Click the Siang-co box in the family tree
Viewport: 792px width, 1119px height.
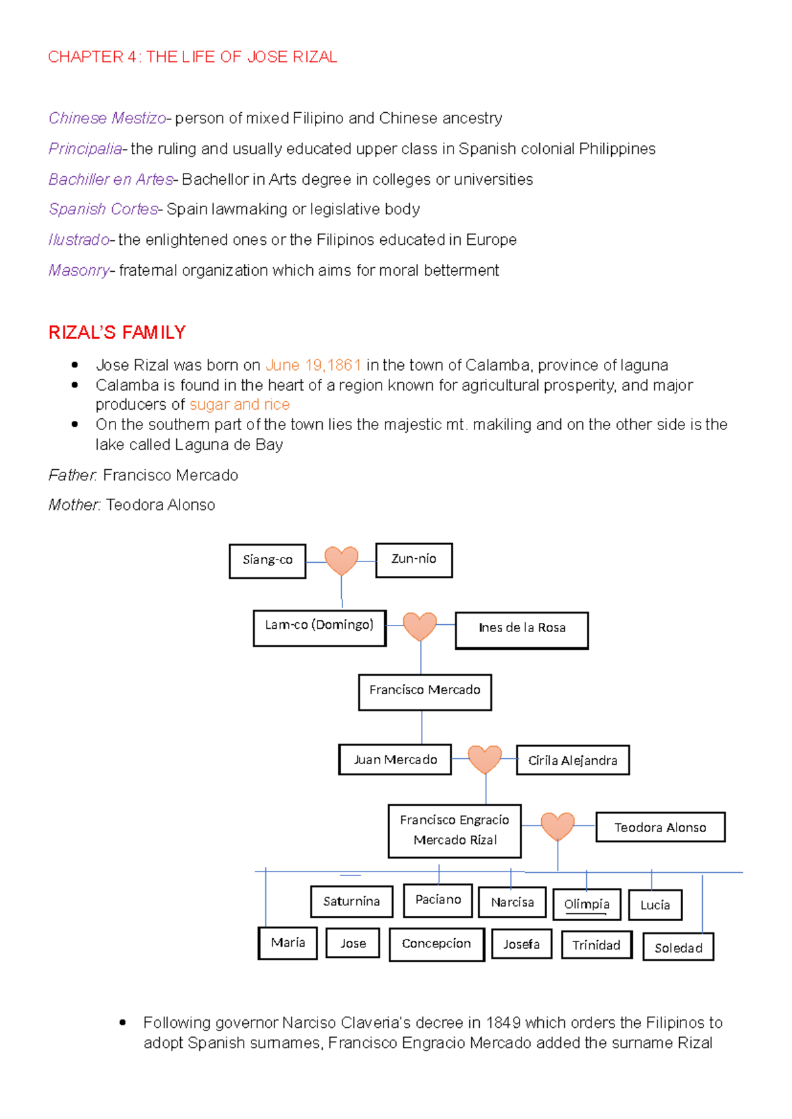click(x=267, y=561)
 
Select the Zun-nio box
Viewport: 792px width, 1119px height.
click(x=414, y=559)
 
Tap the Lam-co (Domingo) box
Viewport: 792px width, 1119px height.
click(x=319, y=627)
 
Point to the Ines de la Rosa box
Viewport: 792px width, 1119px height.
click(x=521, y=629)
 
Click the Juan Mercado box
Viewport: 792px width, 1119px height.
click(x=395, y=759)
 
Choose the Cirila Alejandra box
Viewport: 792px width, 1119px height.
click(x=572, y=760)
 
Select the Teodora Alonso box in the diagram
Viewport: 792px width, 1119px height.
click(x=660, y=827)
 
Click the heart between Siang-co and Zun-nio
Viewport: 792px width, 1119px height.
click(x=341, y=561)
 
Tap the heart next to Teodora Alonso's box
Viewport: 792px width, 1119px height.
click(x=558, y=826)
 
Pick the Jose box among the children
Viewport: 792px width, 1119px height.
click(x=353, y=943)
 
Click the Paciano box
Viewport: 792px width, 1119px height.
click(x=438, y=900)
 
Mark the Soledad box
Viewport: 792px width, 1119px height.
click(x=678, y=947)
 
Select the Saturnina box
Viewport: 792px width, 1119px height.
click(x=352, y=901)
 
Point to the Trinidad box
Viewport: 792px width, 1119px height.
click(x=596, y=945)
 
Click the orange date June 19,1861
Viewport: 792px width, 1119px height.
click(x=313, y=365)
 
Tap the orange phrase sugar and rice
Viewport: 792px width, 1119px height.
click(x=240, y=404)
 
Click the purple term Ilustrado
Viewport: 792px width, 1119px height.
click(x=79, y=240)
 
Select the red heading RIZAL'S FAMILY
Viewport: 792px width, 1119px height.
click(x=117, y=333)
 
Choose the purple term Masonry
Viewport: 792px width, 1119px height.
click(x=79, y=271)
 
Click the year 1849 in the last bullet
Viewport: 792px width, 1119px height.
click(x=503, y=1023)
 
